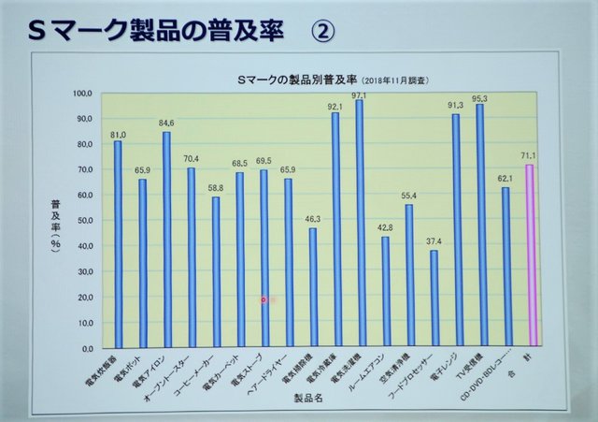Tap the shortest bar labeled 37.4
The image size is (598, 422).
(433, 298)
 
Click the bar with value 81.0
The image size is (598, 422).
(118, 243)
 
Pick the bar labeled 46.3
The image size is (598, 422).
(312, 287)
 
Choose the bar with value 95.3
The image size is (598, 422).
(480, 225)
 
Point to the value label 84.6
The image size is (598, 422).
(166, 123)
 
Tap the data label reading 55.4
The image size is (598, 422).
(409, 195)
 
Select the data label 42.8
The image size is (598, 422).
(385, 227)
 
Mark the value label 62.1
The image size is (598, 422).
(505, 178)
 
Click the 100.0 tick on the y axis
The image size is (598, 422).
(83, 94)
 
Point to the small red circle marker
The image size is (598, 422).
(263, 299)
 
